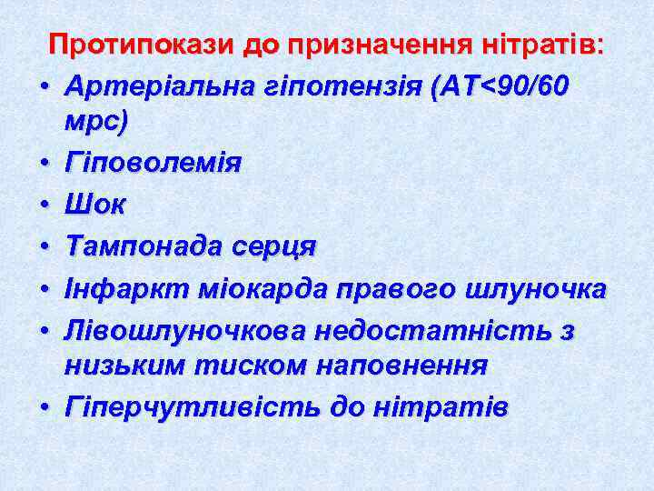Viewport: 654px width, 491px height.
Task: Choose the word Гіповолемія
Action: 154,164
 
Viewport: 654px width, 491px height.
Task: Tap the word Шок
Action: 94,205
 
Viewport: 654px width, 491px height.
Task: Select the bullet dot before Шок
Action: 42,206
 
